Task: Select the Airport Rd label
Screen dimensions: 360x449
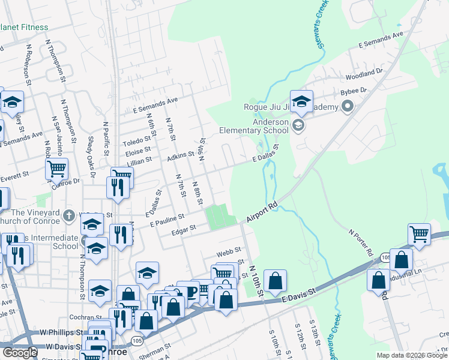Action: pos(262,213)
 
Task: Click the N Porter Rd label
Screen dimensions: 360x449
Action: pos(361,241)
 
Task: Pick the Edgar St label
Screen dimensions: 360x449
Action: pos(184,229)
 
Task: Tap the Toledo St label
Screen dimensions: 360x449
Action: pos(137,142)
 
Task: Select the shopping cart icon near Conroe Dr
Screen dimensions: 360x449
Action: pos(56,170)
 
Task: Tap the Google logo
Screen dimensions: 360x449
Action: pos(20,353)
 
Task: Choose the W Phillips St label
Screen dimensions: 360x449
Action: pos(62,332)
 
